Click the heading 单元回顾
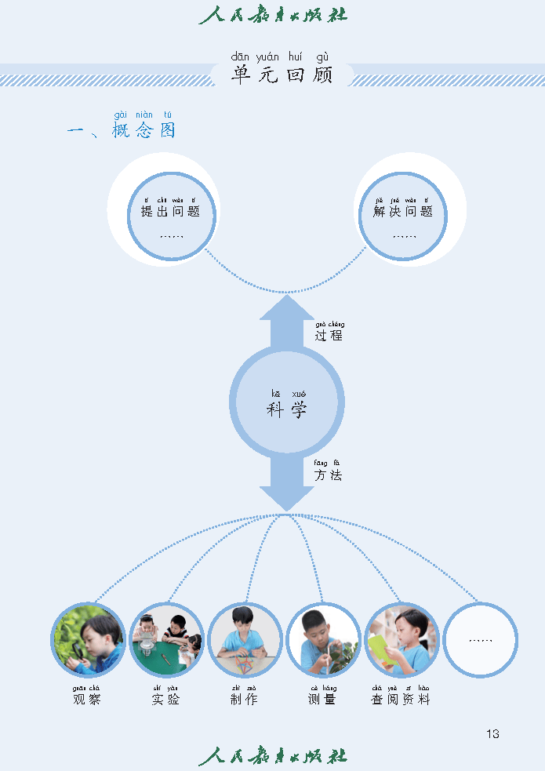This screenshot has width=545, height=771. (282, 75)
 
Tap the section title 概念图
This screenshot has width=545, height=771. (144, 130)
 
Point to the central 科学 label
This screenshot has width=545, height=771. (287, 409)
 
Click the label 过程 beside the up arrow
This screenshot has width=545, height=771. (329, 336)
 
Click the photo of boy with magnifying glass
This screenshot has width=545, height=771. (89, 639)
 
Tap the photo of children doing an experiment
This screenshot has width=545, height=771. (166, 639)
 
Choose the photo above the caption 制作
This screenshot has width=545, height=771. (245, 639)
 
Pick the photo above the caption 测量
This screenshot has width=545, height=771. (323, 639)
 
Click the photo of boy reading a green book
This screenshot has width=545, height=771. (401, 639)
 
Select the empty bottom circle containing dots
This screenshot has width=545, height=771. (480, 639)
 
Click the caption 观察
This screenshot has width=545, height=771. (87, 699)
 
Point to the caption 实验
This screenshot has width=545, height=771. (165, 699)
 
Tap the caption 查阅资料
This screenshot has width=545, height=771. (401, 699)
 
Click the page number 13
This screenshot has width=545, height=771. (492, 734)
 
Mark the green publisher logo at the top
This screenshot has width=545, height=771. (272, 15)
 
